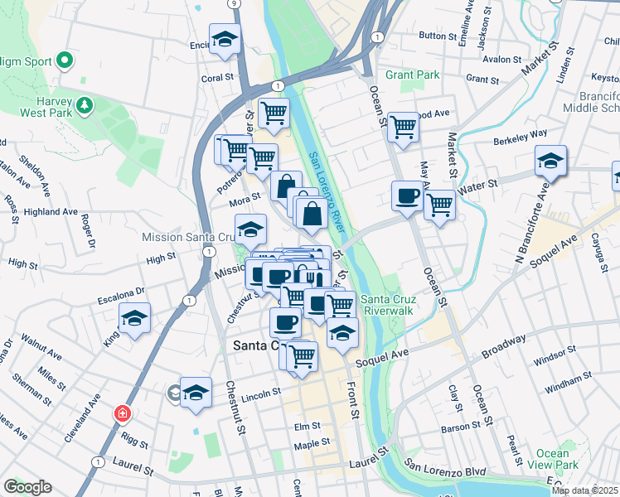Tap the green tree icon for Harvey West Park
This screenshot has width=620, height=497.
pos(84,106)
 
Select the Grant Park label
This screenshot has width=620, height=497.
pos(412,75)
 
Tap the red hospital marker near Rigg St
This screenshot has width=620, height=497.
pos(123,413)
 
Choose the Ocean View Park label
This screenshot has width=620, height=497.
pos(552,459)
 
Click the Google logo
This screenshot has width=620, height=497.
pos(27,487)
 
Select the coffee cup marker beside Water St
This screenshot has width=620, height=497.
pos(408,195)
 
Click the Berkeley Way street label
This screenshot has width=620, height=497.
pos(521,133)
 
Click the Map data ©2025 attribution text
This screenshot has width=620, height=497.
pos(584,490)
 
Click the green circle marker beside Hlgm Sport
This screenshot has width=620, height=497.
pos(65,61)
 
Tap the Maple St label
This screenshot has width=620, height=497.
pos(312,443)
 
